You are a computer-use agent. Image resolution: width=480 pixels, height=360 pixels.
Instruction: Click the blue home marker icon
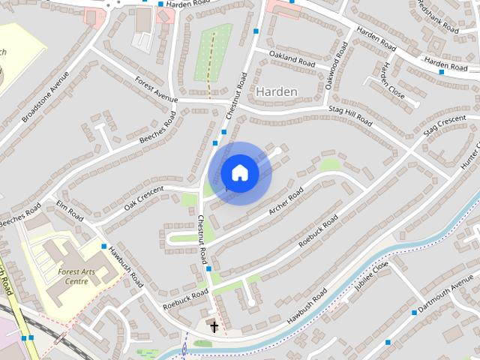click(x=240, y=172)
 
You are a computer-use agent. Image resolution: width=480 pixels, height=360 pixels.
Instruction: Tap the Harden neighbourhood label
click(x=277, y=91)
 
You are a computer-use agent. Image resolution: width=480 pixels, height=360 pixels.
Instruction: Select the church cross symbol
click(x=214, y=326)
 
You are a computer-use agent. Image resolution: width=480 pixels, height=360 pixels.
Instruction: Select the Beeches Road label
click(x=157, y=129)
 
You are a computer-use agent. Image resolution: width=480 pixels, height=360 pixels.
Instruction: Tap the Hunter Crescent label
click(x=470, y=154)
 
